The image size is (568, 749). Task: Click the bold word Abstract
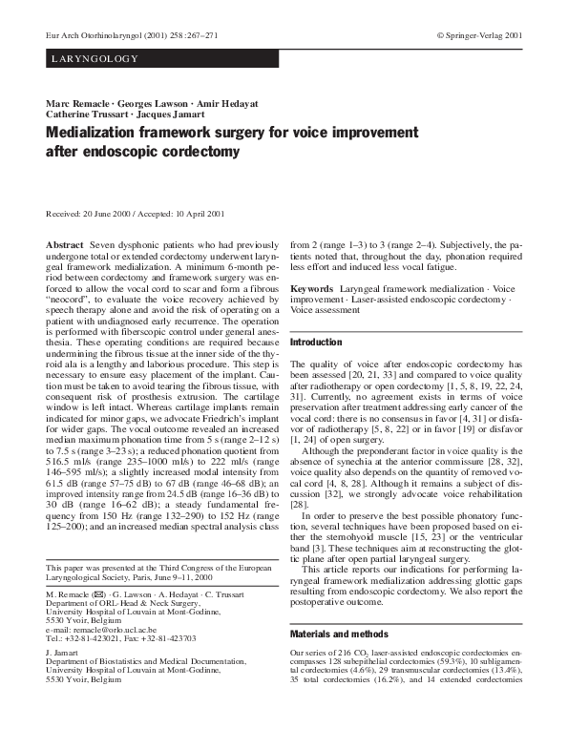(65, 245)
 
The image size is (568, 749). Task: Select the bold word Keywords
(311, 287)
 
